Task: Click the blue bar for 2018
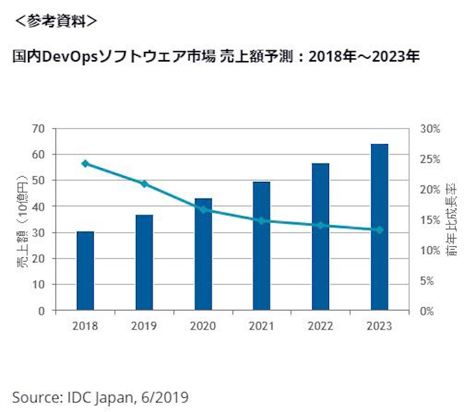tap(85, 271)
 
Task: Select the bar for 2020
tap(203, 254)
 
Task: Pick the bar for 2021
tap(262, 246)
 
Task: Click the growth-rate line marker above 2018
tap(85, 164)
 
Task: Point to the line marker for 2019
tap(144, 184)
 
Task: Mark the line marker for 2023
tap(379, 229)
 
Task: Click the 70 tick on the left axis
tap(38, 129)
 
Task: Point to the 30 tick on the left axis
tap(38, 233)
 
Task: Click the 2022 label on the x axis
tap(321, 327)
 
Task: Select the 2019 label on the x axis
tap(144, 327)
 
